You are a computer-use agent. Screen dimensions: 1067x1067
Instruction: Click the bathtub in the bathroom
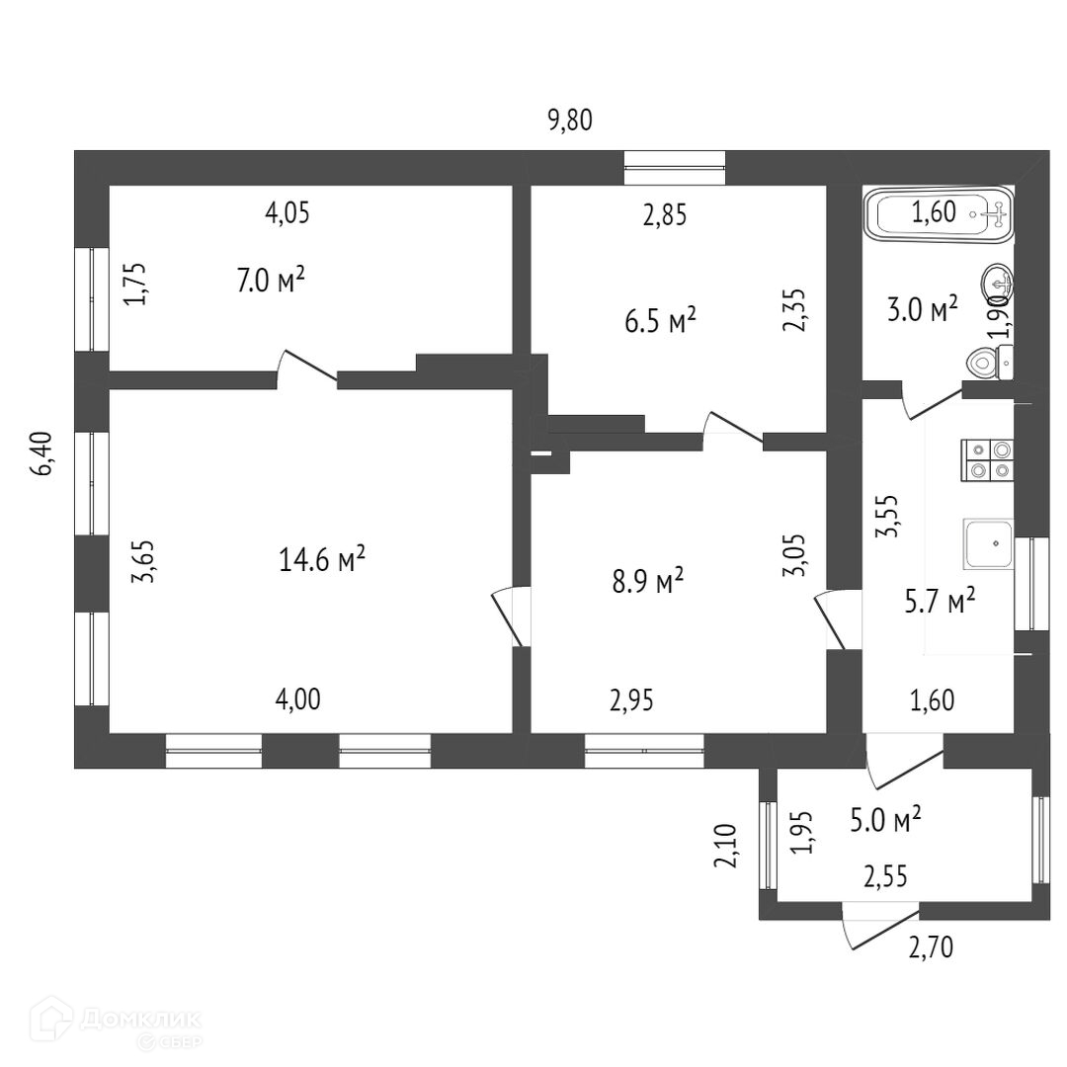[x=939, y=213]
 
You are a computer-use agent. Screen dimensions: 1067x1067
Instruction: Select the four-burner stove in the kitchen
[x=988, y=459]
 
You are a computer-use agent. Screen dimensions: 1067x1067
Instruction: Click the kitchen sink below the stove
[x=989, y=542]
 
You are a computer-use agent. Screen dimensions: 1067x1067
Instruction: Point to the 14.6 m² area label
[x=323, y=561]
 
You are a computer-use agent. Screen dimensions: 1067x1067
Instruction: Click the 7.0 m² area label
[x=270, y=282]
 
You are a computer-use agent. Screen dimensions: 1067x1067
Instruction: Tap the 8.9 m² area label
[x=648, y=581]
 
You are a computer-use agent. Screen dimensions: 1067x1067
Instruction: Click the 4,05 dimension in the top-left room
[x=287, y=212]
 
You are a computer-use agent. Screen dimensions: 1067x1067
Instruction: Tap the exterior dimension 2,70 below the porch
[x=932, y=948]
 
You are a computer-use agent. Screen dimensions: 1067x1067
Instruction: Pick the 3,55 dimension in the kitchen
[x=887, y=515]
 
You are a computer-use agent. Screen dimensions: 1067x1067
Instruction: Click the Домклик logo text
[x=142, y=1018]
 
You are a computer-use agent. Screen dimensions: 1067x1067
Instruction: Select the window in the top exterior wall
[x=675, y=167]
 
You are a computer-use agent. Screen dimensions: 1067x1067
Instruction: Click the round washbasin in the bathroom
[x=996, y=284]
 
